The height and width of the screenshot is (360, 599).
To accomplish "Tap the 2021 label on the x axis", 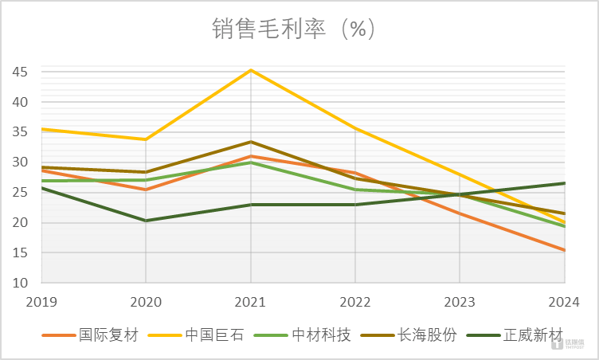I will coord(251,301).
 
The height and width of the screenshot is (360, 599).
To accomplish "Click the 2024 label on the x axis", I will coord(565,301).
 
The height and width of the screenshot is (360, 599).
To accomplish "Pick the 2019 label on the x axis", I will coord(41,301).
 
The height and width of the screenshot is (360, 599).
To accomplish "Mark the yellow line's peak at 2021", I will coord(251,70).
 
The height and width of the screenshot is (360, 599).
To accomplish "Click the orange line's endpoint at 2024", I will coord(565,250).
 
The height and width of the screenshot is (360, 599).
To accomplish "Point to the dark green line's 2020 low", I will coord(146,221).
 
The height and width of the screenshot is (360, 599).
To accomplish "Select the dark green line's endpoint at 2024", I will coord(565,183).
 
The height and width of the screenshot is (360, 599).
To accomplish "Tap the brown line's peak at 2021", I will coord(251,142).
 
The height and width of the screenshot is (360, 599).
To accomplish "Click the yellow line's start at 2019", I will coord(41,129).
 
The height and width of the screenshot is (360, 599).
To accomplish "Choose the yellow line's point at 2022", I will coord(355,128).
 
